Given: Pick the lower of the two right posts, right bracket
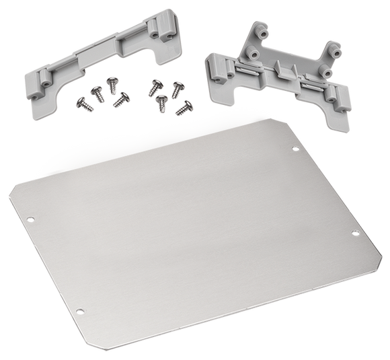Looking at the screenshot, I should (324, 70).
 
